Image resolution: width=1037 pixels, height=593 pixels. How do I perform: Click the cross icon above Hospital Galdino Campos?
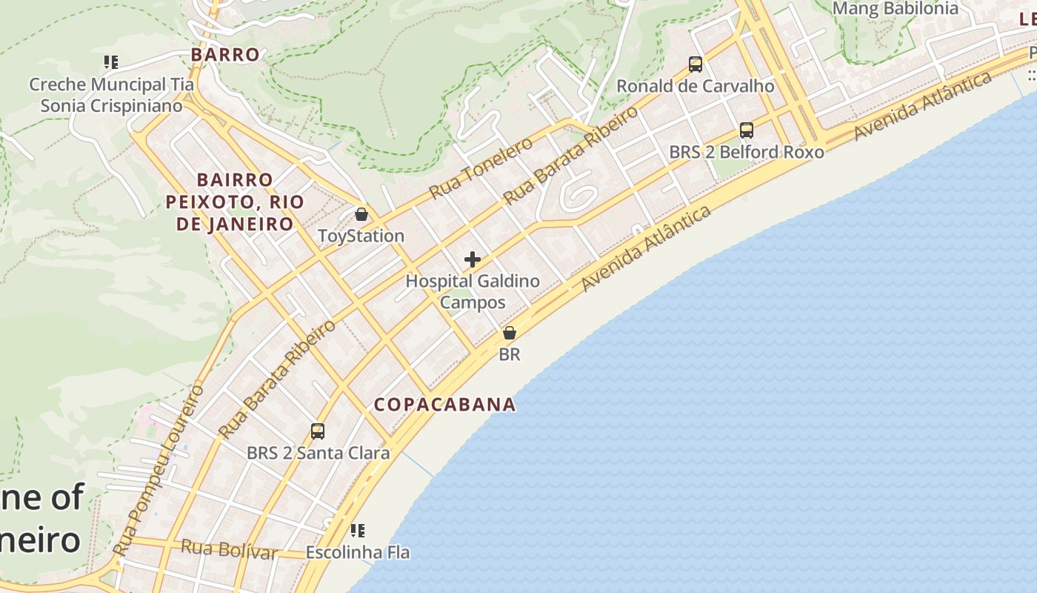pyautogui.click(x=473, y=259)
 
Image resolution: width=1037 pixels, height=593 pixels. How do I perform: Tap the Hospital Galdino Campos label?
pyautogui.click(x=473, y=292)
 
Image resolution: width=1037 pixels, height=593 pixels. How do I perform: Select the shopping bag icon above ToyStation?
pyautogui.click(x=361, y=214)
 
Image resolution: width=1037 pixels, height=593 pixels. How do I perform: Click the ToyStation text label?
pyautogui.click(x=361, y=236)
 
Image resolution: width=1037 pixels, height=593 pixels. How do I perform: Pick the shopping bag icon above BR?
pyautogui.click(x=510, y=333)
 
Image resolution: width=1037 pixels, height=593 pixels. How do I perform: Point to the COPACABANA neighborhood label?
pyautogui.click(x=444, y=405)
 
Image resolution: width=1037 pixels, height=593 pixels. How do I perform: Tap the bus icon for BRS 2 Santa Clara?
pyautogui.click(x=318, y=431)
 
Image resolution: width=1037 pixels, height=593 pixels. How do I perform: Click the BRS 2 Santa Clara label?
pyautogui.click(x=318, y=453)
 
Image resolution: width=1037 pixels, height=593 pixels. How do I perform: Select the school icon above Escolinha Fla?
pyautogui.click(x=358, y=530)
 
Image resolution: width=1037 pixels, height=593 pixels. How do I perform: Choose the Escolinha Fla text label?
pyautogui.click(x=358, y=552)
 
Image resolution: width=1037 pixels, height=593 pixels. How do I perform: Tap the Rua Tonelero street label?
pyautogui.click(x=481, y=168)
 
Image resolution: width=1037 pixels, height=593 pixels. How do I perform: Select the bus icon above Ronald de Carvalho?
pyautogui.click(x=696, y=64)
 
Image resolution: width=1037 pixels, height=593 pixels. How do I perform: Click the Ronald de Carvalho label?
pyautogui.click(x=696, y=86)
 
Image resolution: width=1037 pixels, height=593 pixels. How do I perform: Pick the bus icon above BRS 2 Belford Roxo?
pyautogui.click(x=747, y=130)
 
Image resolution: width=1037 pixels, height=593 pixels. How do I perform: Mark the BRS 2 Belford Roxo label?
pyautogui.click(x=747, y=152)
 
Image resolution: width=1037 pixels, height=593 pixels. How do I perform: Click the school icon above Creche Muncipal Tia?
pyautogui.click(x=111, y=62)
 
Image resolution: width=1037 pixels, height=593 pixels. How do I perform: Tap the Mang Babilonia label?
pyautogui.click(x=896, y=9)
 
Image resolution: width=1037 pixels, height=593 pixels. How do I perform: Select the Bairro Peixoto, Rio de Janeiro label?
pyautogui.click(x=235, y=202)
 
